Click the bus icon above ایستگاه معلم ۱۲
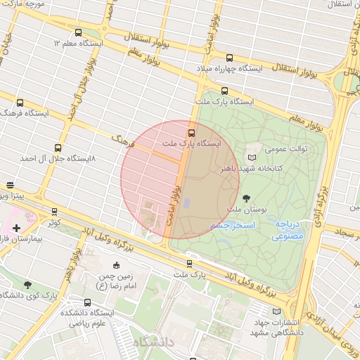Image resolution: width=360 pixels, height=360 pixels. (78, 32)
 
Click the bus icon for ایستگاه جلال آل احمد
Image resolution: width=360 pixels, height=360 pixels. (58, 148)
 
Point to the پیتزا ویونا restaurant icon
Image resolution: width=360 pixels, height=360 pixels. (11, 186)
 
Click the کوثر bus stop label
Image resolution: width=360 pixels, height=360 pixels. (52, 221)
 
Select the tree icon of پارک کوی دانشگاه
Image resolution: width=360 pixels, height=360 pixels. (27, 284)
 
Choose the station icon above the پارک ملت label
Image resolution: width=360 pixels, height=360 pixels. (189, 264)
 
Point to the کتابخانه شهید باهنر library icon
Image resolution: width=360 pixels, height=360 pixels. (252, 157)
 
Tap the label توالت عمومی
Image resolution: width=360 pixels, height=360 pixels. (285, 149)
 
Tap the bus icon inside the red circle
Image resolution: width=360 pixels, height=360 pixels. (191, 132)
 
